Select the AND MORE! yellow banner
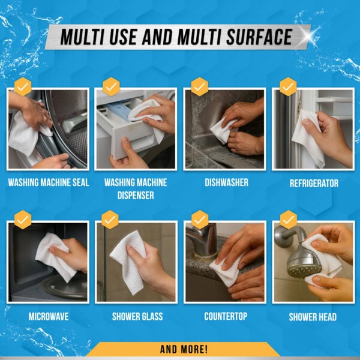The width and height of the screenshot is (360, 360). click(184, 349)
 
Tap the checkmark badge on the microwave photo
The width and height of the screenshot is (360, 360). click(22, 219)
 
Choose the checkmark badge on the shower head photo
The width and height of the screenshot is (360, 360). click(288, 219)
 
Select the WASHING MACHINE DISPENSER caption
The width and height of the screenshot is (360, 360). click(136, 188)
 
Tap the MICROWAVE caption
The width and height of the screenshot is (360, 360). click(47, 316)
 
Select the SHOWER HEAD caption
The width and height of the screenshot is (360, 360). click(313, 316)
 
